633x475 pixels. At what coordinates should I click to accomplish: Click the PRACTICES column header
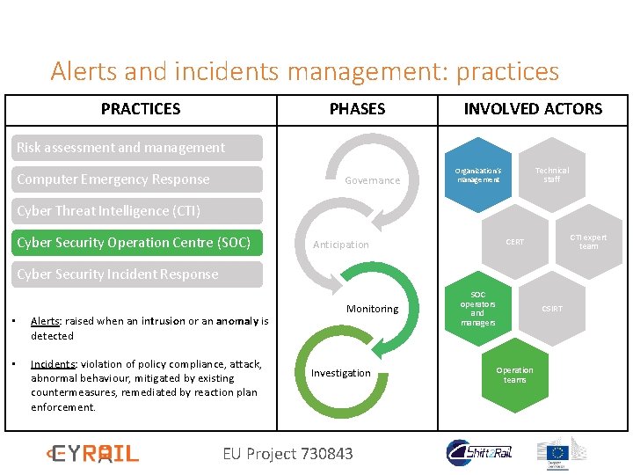coord(141,109)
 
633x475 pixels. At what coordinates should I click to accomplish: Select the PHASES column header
coord(357,109)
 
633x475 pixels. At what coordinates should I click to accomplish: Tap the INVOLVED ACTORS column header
coord(533,109)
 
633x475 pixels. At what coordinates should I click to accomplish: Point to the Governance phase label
coord(372,180)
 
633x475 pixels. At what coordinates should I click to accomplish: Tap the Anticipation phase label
coord(341,245)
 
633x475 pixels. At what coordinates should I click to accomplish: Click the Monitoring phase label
coord(372,309)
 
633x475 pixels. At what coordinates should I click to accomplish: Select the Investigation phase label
coord(341,373)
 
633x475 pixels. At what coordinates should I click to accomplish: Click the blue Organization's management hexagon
coord(477,174)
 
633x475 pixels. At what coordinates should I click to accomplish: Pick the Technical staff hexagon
coord(551,174)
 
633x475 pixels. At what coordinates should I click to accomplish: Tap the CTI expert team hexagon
coord(588,241)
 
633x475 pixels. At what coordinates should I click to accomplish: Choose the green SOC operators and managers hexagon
coord(477,309)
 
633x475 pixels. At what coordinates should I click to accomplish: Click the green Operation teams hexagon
coord(514,375)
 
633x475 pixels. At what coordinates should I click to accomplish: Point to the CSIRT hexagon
coord(551,309)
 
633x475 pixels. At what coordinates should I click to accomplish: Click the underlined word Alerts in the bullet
coord(45,321)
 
